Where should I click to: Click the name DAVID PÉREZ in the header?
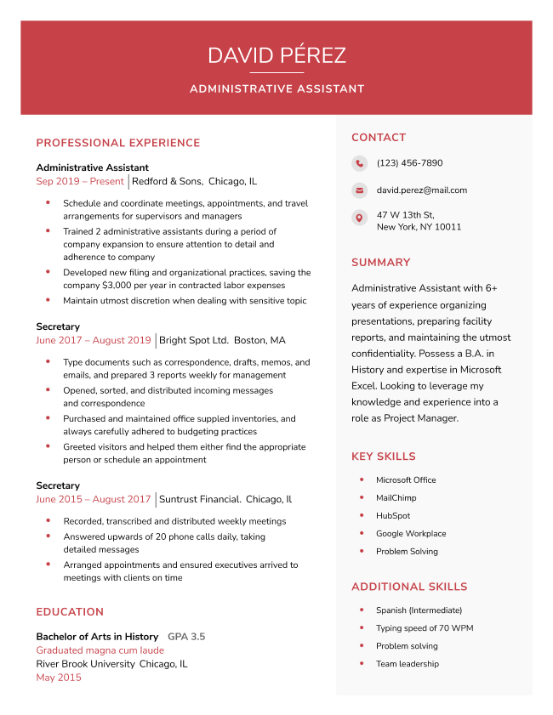(x=276, y=56)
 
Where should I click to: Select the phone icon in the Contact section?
(x=360, y=163)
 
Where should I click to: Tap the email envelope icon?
(x=360, y=190)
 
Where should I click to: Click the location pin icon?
(x=360, y=218)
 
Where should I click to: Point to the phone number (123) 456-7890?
(x=409, y=163)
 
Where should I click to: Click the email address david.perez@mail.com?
(x=422, y=190)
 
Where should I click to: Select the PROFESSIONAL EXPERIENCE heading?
(x=118, y=143)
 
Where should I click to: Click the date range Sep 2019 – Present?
(x=80, y=181)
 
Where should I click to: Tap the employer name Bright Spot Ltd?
(x=194, y=340)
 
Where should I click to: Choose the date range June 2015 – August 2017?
(x=93, y=499)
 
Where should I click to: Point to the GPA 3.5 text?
(x=186, y=636)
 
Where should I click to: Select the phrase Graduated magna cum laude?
(x=100, y=650)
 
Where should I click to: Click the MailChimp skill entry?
(x=396, y=498)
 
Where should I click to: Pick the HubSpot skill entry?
(x=393, y=516)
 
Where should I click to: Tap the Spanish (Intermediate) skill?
(x=419, y=610)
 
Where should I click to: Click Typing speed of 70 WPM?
(x=425, y=628)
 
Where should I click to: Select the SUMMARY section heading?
(x=380, y=263)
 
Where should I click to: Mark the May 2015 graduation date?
(x=59, y=678)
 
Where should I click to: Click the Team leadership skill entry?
(x=408, y=664)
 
